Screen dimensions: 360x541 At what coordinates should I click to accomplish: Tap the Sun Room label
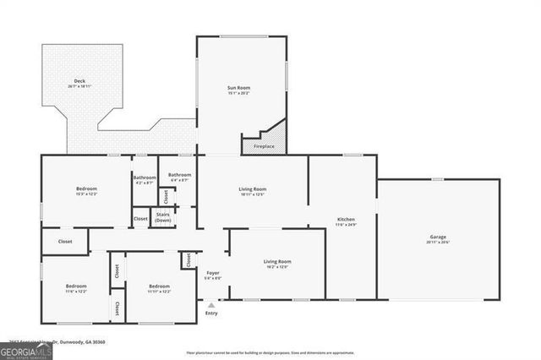[x=240, y=89]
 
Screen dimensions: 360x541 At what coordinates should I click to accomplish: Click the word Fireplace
[x=264, y=147]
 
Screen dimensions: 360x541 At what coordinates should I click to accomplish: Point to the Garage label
[x=437, y=237]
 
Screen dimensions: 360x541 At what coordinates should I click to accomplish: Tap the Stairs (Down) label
[x=163, y=217]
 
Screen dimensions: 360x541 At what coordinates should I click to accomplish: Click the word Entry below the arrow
[x=211, y=314]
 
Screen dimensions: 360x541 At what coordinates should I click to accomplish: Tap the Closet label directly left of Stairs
[x=140, y=219]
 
